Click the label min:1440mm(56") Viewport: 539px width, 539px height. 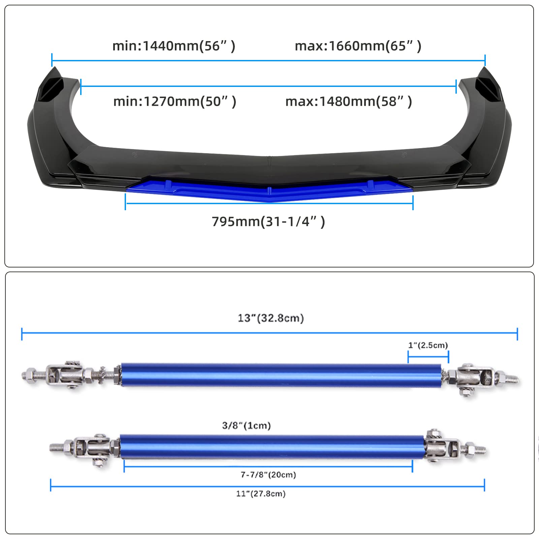tap(173, 46)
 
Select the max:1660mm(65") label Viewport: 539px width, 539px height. tap(358, 46)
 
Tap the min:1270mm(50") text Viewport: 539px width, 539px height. tap(175, 101)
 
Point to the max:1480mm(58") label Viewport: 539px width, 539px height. tap(348, 101)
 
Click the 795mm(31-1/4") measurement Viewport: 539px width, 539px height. tap(268, 222)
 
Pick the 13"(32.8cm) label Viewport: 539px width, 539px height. tap(271, 318)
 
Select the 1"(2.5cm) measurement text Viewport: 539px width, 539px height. tap(428, 345)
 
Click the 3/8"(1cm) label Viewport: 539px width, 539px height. tap(246, 426)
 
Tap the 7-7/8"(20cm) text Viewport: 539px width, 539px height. tap(268, 475)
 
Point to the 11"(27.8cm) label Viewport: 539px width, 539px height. tap(261, 494)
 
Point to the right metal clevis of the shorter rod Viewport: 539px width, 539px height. tap(443, 446)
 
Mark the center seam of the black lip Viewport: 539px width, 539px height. tap(269, 161)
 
